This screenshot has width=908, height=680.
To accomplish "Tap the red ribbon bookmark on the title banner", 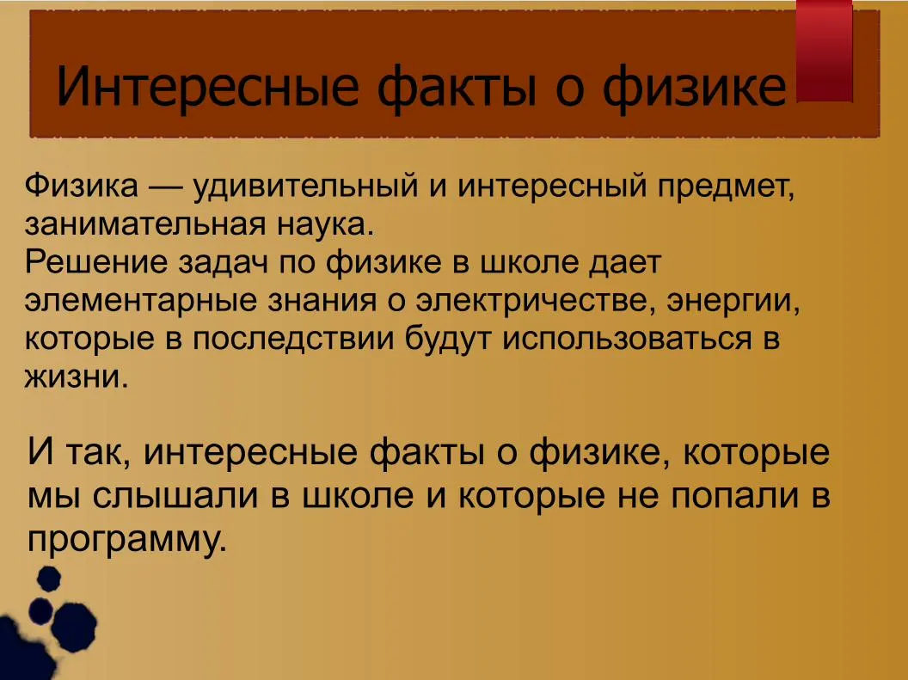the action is point(825,51).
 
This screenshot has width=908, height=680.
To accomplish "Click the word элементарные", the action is point(139,302).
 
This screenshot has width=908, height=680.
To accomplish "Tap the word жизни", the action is point(76,377).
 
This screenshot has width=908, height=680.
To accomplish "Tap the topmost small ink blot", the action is point(48,579).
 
